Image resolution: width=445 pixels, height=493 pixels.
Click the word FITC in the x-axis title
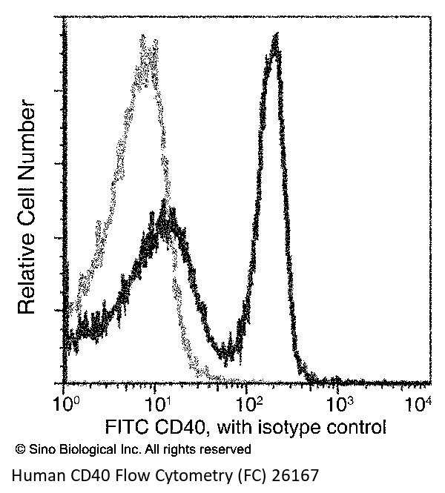(x=125, y=427)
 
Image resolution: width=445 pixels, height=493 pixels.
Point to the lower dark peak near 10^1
(x=165, y=215)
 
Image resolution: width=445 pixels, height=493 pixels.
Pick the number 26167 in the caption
(x=297, y=475)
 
